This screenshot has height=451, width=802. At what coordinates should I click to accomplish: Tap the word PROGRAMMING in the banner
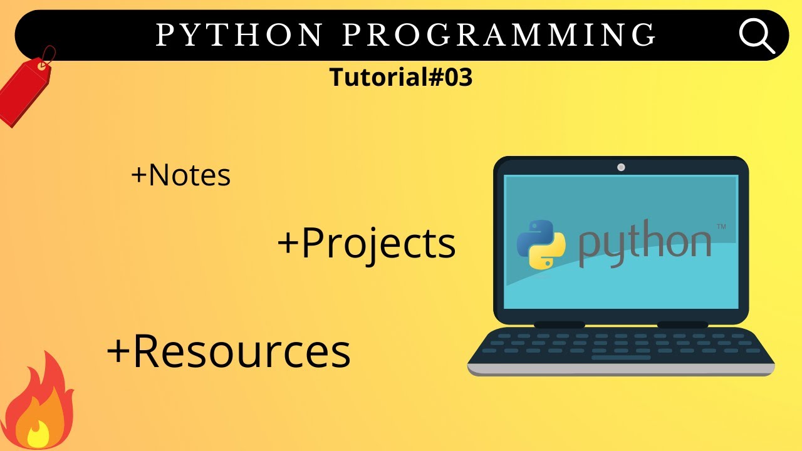(499, 36)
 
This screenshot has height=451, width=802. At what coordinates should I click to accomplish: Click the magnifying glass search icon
(757, 36)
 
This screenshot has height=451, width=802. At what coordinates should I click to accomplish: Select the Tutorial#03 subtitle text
(401, 78)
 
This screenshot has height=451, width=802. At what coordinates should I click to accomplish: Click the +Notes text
(180, 176)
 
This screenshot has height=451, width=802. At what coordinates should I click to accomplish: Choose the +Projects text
(367, 244)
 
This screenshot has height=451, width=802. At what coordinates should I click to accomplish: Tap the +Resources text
(229, 351)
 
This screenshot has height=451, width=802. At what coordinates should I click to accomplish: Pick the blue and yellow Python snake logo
(541, 244)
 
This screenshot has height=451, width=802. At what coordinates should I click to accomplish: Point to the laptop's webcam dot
(621, 167)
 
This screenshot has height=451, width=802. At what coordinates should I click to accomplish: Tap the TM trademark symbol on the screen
(721, 227)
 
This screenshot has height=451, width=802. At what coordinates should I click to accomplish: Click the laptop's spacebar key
(620, 358)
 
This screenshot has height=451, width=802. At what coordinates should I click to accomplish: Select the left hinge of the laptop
(559, 324)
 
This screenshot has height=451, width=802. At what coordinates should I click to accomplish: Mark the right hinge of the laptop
(682, 324)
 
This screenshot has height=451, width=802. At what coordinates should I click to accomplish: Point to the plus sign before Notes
(138, 176)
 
